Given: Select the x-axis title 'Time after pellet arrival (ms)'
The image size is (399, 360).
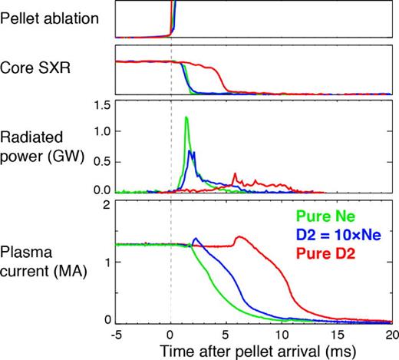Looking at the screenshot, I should coord(255,350).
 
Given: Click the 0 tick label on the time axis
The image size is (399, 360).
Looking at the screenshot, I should coord(170,335).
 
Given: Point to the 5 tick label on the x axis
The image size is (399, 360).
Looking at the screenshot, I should coord(226,335).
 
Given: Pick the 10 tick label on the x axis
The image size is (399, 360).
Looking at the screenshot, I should coord(280,335).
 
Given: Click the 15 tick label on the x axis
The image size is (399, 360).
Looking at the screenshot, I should coord(335,335).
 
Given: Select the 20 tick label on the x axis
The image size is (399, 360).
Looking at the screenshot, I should coord(389,335).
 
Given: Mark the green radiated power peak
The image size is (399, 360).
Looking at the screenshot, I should coord(186,117).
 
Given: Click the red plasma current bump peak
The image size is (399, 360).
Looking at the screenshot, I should coord(240,236).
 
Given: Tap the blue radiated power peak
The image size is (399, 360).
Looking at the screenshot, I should coord(192,152).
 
